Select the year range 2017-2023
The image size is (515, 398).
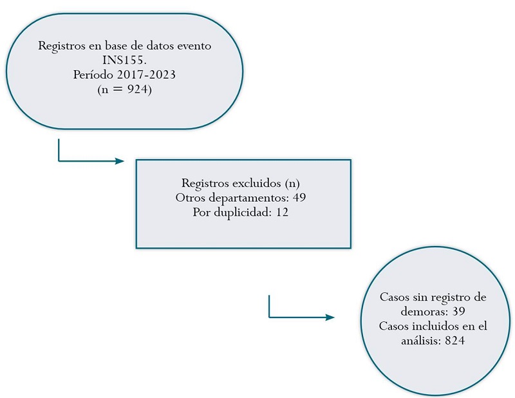(153, 75)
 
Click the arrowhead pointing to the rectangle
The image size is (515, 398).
(119, 160)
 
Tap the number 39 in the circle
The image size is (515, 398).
(466, 312)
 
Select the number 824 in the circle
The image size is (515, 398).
(455, 340)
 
